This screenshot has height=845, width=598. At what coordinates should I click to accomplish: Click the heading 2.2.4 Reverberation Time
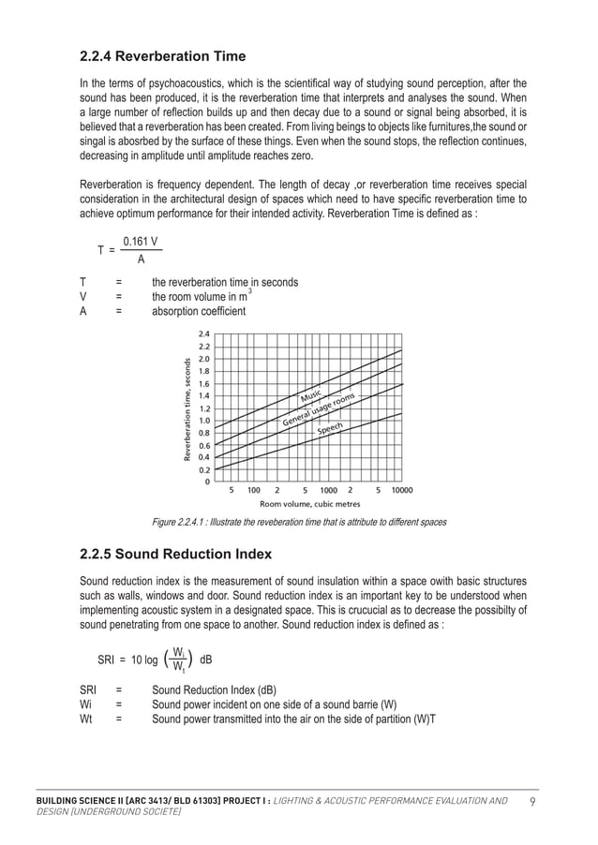(x=164, y=55)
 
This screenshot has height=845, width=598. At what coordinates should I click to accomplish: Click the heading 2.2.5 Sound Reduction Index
(x=176, y=554)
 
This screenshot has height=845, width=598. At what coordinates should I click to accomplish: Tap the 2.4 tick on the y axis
(x=204, y=334)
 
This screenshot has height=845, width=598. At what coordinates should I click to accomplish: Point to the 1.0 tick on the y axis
(x=204, y=421)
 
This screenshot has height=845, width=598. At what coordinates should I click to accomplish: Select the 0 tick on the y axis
(x=208, y=482)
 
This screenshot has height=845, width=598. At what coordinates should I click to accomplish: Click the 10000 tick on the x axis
(x=401, y=490)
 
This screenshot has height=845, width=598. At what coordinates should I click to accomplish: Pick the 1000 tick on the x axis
(x=328, y=490)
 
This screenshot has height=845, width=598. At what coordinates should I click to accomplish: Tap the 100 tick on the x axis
(x=254, y=490)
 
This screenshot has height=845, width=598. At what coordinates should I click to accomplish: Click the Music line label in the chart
(x=311, y=398)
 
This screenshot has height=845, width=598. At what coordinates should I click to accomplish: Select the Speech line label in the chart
(x=330, y=429)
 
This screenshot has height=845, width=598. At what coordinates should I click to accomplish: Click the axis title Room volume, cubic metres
(x=309, y=504)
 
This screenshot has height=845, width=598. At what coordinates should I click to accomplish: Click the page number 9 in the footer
(x=532, y=801)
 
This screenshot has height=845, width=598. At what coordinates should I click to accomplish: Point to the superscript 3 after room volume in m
(x=249, y=291)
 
